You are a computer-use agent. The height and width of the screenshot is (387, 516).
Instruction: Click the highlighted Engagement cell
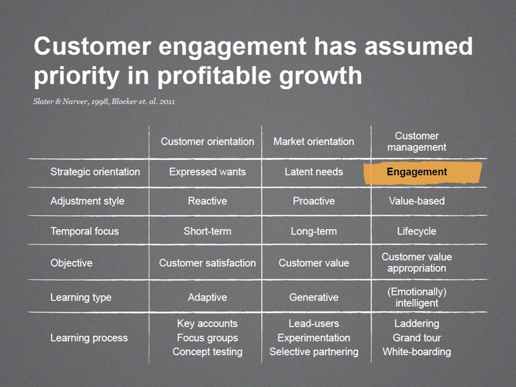(422, 173)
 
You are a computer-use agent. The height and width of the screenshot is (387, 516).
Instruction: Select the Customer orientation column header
(207, 142)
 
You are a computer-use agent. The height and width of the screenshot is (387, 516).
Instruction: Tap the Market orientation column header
(314, 142)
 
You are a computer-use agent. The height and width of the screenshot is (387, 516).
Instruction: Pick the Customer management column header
(417, 142)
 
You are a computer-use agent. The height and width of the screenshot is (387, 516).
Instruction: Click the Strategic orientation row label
(95, 172)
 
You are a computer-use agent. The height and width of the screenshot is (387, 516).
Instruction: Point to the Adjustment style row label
(87, 201)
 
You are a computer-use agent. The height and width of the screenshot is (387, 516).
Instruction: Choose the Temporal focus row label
(84, 231)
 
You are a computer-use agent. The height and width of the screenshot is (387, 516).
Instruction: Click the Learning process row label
(89, 338)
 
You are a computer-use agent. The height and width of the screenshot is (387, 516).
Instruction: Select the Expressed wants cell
(207, 172)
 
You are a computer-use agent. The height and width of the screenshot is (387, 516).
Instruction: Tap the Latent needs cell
(314, 172)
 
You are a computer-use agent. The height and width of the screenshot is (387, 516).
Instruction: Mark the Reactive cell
(207, 201)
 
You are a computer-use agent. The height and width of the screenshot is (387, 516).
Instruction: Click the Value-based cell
(417, 201)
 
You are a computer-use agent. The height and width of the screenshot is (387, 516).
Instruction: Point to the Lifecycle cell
(417, 232)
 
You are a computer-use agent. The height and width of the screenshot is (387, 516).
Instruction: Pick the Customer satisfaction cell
(207, 263)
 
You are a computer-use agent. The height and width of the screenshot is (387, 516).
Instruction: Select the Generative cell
(314, 298)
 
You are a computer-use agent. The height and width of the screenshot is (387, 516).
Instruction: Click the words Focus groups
(207, 338)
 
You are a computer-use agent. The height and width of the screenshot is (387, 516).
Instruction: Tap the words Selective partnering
(314, 352)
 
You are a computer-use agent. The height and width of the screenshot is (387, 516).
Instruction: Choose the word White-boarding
(417, 352)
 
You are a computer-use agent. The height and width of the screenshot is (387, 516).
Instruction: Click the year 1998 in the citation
(100, 102)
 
